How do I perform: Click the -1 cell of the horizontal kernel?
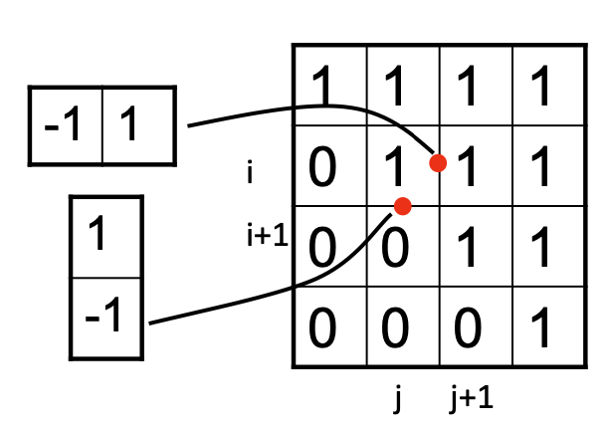(x=67, y=126)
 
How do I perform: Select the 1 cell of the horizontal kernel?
(x=138, y=126)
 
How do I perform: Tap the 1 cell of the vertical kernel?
(x=105, y=239)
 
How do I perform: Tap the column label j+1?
(x=471, y=398)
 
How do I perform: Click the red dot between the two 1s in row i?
(x=436, y=162)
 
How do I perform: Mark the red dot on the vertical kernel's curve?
(x=402, y=206)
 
